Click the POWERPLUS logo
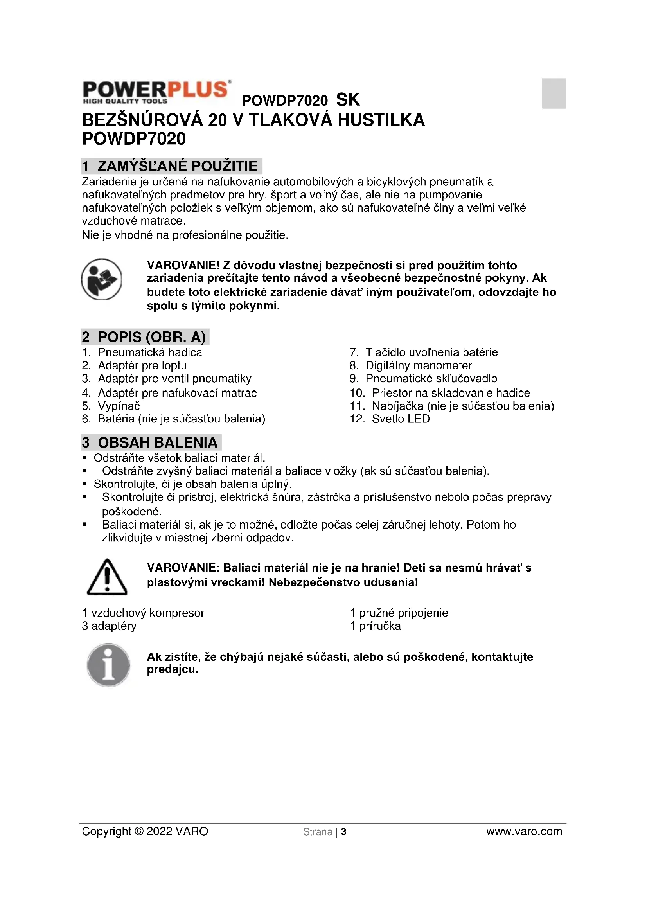click(x=156, y=92)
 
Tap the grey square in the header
click(x=554, y=93)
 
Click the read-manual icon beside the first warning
click(x=101, y=279)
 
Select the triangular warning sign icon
click(x=107, y=577)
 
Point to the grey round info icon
click(x=108, y=665)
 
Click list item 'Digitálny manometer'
click(x=418, y=365)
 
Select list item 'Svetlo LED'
click(x=401, y=419)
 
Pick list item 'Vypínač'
click(x=119, y=406)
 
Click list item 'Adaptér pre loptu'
click(x=142, y=365)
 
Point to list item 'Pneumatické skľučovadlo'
click(x=431, y=378)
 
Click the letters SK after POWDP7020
click(x=348, y=100)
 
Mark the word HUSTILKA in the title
click(x=381, y=120)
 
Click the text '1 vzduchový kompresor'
click(x=143, y=613)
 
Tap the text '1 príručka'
click(x=375, y=626)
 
